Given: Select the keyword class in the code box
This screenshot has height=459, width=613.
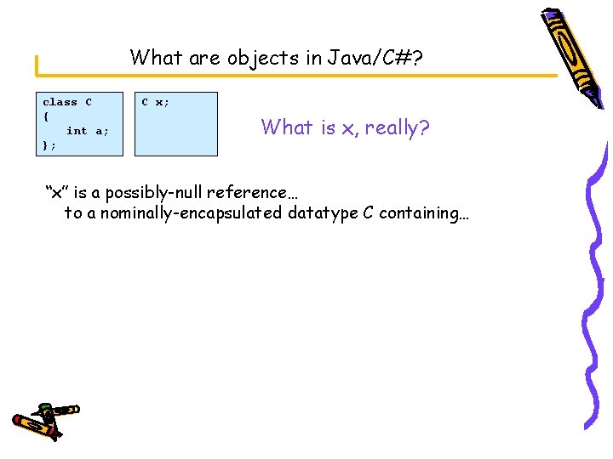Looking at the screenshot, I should [x=60, y=102].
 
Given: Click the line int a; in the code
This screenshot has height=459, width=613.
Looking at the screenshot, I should [x=88, y=131].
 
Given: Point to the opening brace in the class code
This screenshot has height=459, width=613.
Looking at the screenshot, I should [x=46, y=116].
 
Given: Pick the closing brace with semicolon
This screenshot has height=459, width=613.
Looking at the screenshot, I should [x=49, y=145].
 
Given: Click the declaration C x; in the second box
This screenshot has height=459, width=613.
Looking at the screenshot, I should [x=155, y=102].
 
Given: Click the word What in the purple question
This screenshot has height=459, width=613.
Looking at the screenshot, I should [x=286, y=127].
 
